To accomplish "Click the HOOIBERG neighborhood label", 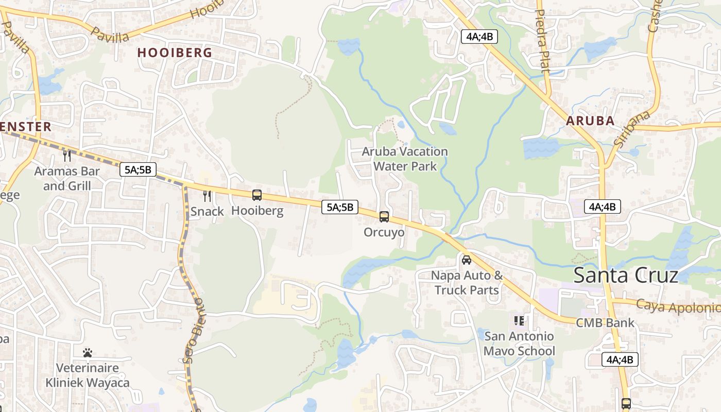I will click(175, 53).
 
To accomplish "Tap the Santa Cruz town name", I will click(626, 276).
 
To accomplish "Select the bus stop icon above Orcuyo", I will click(384, 217).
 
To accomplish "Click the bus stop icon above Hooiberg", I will click(257, 195).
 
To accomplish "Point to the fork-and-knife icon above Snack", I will click(207, 196).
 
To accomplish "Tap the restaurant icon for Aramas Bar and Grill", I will click(67, 155).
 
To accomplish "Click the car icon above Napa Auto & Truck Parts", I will click(467, 260).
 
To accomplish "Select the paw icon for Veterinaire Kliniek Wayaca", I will click(88, 353).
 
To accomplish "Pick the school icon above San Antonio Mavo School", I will click(519, 321).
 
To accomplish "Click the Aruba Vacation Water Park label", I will click(405, 159).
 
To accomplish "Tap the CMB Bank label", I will click(605, 323).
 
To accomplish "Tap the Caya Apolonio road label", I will click(678, 307).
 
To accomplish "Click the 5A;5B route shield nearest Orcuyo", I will click(339, 207).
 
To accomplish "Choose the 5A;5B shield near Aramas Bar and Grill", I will click(138, 169).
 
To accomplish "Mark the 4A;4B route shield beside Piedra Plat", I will click(479, 37).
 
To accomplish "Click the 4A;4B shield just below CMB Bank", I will click(620, 359).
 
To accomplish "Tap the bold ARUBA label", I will click(590, 121).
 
